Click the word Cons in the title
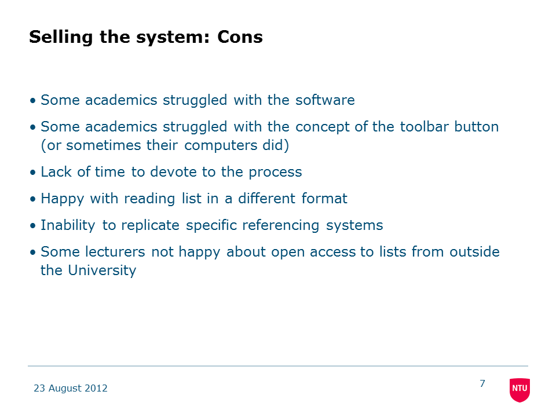(x=240, y=37)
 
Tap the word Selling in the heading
(x=61, y=38)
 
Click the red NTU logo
(x=520, y=390)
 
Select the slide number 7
(x=482, y=383)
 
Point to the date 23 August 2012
(x=71, y=388)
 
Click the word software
(x=325, y=100)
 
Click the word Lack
(x=56, y=171)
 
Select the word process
(x=275, y=173)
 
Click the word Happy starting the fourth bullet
(x=63, y=199)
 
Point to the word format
(x=324, y=198)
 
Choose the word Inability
(x=68, y=225)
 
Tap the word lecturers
(x=115, y=252)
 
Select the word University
(x=102, y=270)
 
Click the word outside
(x=474, y=252)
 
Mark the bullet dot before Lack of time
(x=33, y=173)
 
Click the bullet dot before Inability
(x=33, y=226)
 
